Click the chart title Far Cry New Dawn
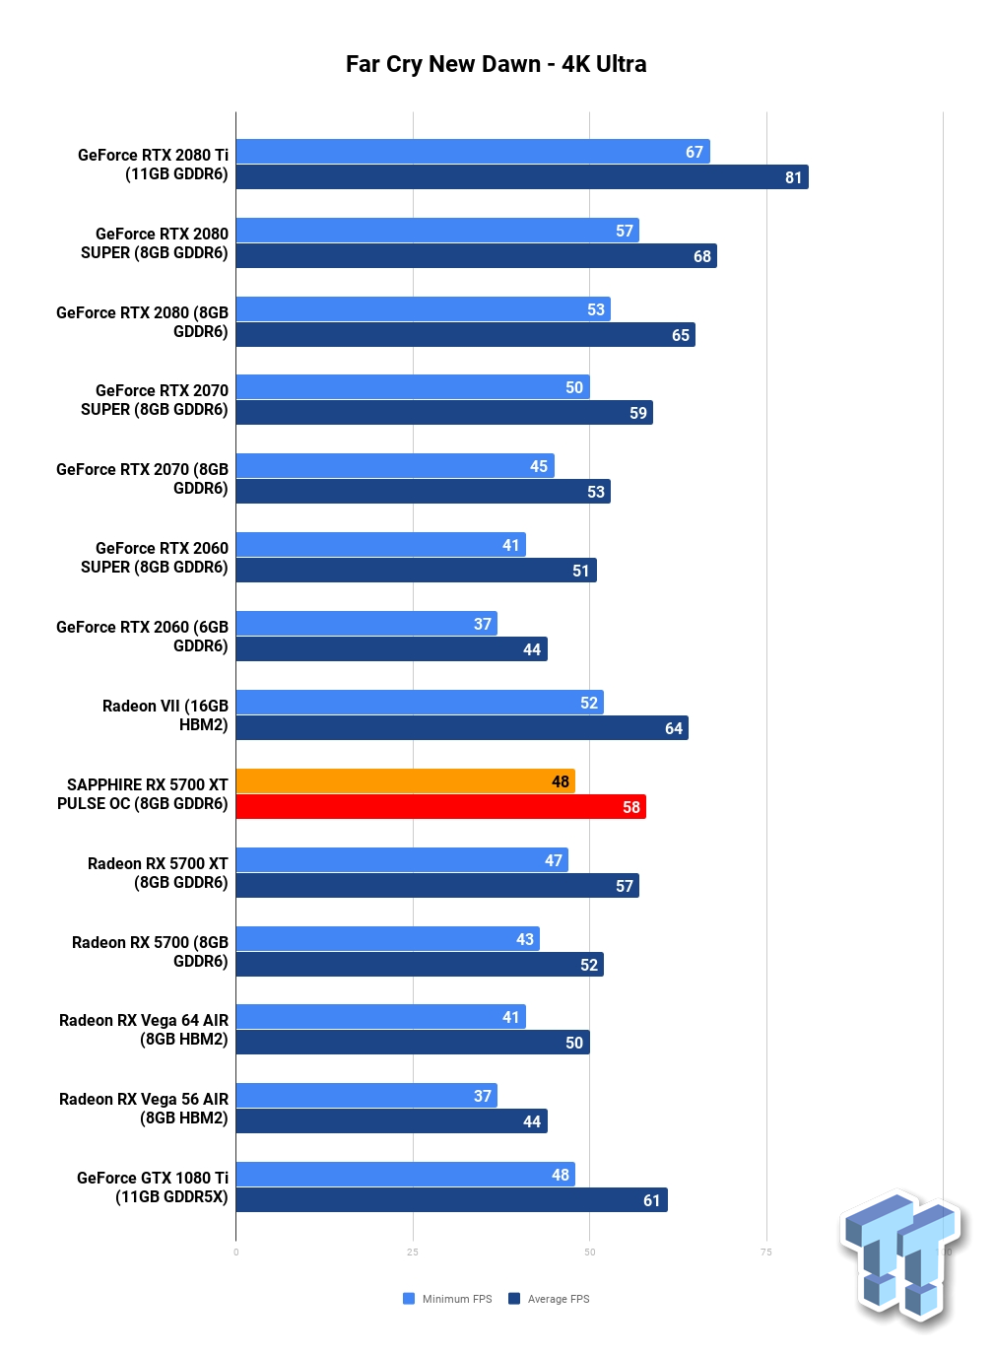point(442,64)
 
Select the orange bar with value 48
point(405,780)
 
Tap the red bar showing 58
point(441,806)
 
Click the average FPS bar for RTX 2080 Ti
point(522,177)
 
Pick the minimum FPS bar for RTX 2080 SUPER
point(437,231)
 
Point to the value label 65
point(681,335)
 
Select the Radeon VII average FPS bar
point(462,727)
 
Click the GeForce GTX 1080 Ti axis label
point(153,1186)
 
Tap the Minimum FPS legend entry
point(447,1299)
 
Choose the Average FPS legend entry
point(549,1299)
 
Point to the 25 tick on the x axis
point(413,1252)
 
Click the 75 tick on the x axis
point(766,1252)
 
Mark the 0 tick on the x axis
point(235,1253)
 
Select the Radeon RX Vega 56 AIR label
point(143,1109)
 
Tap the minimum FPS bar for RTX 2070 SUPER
point(413,387)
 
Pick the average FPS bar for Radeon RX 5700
point(420,964)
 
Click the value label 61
point(651,1200)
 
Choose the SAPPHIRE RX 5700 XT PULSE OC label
point(143,793)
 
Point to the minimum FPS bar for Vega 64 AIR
point(381,1016)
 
